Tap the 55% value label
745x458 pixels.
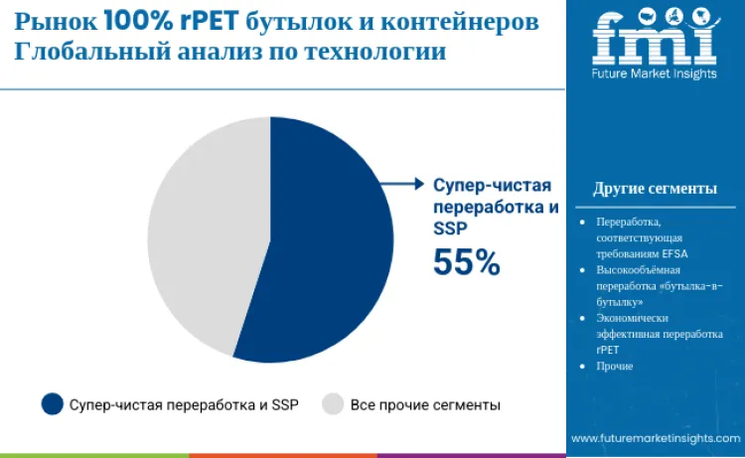pyautogui.click(x=466, y=261)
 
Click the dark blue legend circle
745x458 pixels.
pyautogui.click(x=53, y=404)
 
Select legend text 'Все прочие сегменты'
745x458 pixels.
pyautogui.click(x=425, y=405)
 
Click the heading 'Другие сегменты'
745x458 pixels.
pyautogui.click(x=655, y=189)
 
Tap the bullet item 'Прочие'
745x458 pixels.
pyautogui.click(x=615, y=367)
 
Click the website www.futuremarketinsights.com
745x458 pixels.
pyautogui.click(x=655, y=438)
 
